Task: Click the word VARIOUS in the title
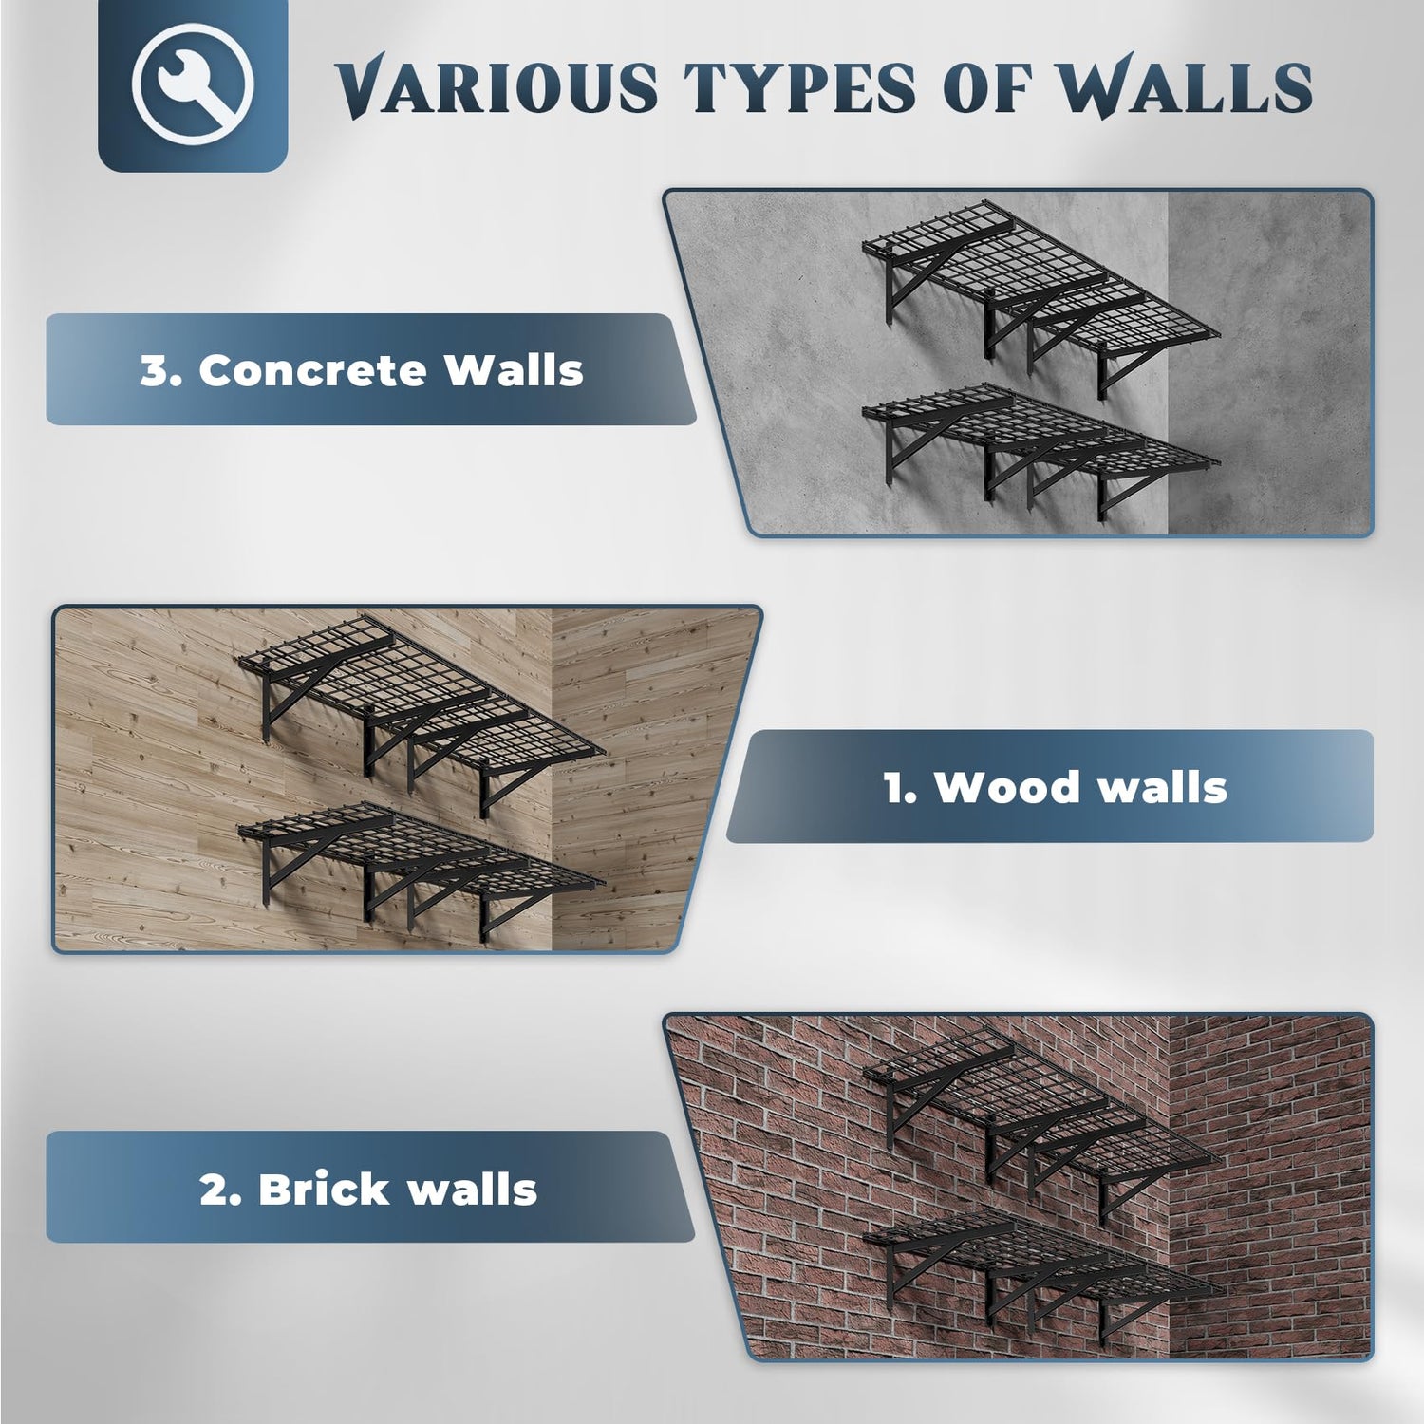tap(496, 88)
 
